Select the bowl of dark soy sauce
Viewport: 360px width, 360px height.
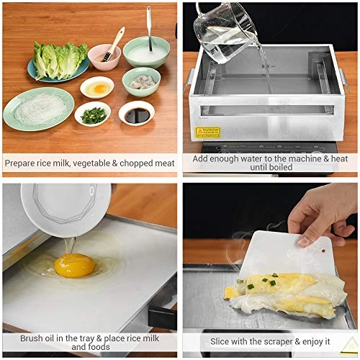click(x=136, y=113)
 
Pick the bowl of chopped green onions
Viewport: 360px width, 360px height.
click(x=93, y=114)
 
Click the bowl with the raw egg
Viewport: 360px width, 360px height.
click(x=96, y=88)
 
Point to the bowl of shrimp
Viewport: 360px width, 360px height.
click(x=141, y=81)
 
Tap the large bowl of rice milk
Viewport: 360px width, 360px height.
click(x=146, y=52)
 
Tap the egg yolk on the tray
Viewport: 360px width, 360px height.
click(x=74, y=265)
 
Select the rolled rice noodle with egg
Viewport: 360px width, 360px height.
click(x=281, y=292)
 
